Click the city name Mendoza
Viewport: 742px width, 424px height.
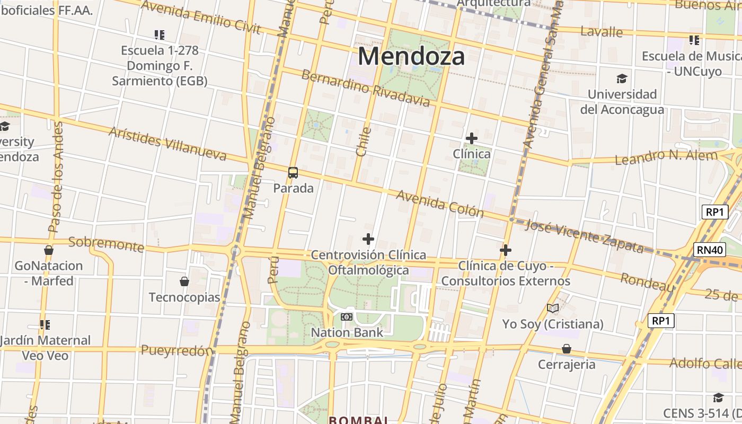click(411, 56)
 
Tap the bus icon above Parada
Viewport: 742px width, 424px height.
click(293, 172)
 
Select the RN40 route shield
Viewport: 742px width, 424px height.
click(710, 250)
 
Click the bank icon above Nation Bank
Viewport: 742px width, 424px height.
click(347, 317)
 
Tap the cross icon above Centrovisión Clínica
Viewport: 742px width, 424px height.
click(368, 240)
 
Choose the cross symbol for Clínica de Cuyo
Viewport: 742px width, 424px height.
click(506, 250)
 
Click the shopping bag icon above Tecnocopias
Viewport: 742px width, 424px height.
click(184, 281)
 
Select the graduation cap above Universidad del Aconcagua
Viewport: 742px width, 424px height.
click(622, 79)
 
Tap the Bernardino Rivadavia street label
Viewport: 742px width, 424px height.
click(365, 88)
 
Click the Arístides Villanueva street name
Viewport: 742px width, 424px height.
click(167, 144)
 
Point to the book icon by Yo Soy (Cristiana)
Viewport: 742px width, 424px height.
click(553, 308)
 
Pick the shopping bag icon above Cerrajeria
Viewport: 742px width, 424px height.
click(567, 349)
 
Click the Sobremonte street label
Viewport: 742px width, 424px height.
click(106, 244)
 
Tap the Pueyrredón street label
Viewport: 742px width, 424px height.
click(177, 350)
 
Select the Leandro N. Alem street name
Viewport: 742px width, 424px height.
click(666, 157)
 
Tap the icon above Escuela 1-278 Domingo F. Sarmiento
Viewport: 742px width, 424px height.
click(160, 35)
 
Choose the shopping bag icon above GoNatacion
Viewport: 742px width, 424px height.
click(49, 250)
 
